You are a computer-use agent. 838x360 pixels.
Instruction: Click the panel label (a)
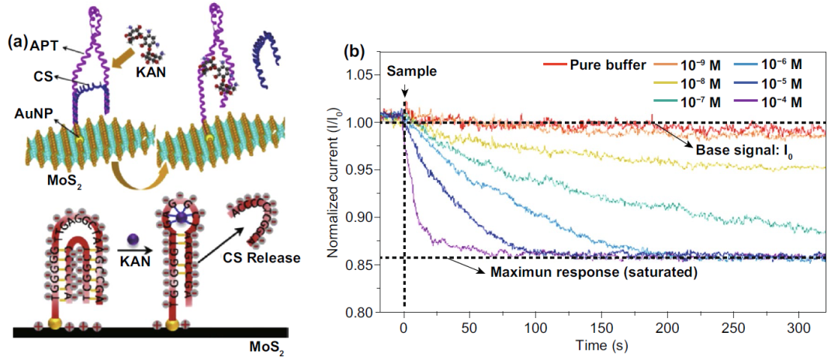pos(16,43)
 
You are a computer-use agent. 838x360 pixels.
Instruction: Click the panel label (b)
pos(353,53)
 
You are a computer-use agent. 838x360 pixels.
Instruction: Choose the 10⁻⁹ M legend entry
pos(696,64)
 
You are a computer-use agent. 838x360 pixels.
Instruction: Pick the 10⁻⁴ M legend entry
pos(781,102)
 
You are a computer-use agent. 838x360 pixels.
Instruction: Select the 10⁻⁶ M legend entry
pos(781,64)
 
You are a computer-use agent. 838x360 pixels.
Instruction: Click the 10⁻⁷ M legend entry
pos(696,102)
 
